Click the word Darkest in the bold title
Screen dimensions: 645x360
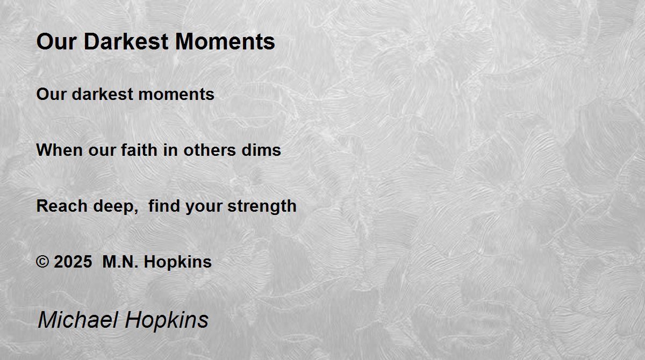pos(126,41)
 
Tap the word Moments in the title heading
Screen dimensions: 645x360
pos(225,41)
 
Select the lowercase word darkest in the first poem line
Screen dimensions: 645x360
pos(102,94)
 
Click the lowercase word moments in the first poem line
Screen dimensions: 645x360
pos(176,95)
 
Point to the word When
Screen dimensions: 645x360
pos(59,150)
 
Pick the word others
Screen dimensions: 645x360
pos(210,150)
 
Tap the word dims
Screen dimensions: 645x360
pos(261,150)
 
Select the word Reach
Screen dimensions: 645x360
pos(62,206)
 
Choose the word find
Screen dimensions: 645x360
pos(164,206)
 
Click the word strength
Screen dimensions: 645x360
pos(262,206)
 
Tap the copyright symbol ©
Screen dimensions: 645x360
pos(42,262)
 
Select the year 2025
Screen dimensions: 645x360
pos(73,262)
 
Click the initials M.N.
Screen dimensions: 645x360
pos(120,262)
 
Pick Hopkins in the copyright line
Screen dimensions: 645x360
pos(178,262)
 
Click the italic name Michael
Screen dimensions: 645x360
pos(78,320)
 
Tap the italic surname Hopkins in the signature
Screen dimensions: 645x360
pos(167,321)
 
